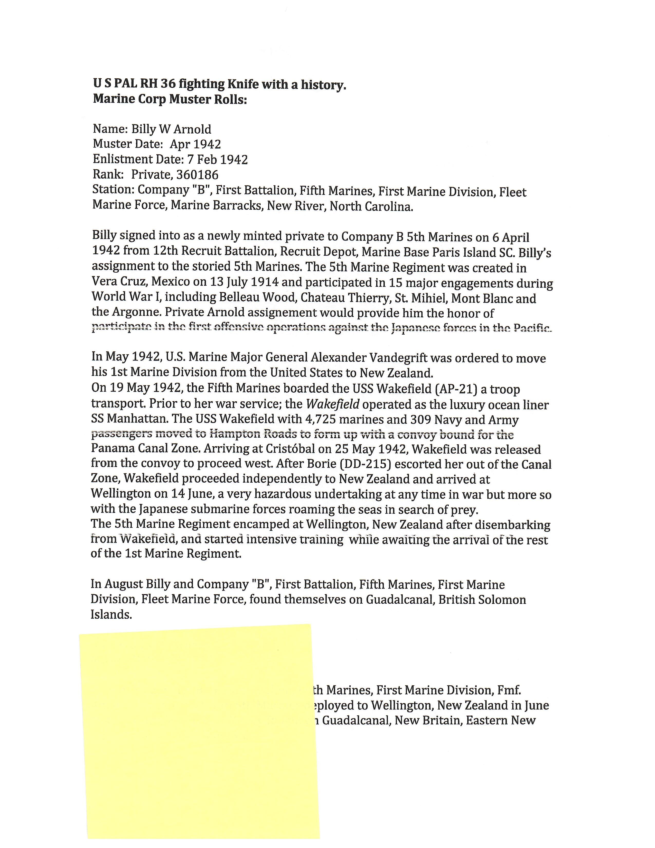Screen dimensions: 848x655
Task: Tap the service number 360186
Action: [x=197, y=175]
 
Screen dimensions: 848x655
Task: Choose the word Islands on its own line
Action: [x=111, y=615]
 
